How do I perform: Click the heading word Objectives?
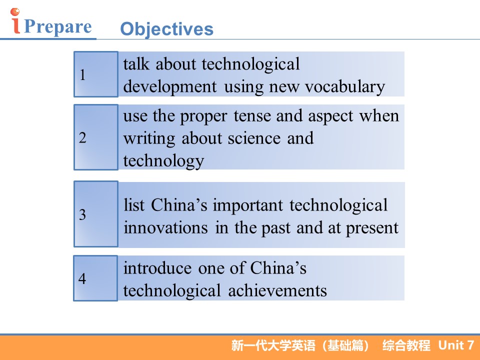coord(167,29)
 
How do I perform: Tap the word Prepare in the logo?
coord(57,26)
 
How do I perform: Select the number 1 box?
coord(96,74)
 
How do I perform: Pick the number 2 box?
coord(96,137)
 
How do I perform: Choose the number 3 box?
coord(96,214)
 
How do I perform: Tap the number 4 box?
coord(95,278)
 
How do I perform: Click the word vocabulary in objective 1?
coord(345,87)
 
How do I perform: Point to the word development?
coord(170,87)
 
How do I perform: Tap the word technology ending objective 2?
coord(164,161)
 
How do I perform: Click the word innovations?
coord(165,228)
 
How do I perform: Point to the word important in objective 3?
coord(248,205)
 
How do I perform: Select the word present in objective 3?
coord(372,228)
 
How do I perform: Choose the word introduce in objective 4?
coord(157,268)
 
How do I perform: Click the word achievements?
coord(277,290)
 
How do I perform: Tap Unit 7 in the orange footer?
coord(456,345)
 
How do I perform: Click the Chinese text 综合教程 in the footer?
coord(406,345)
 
